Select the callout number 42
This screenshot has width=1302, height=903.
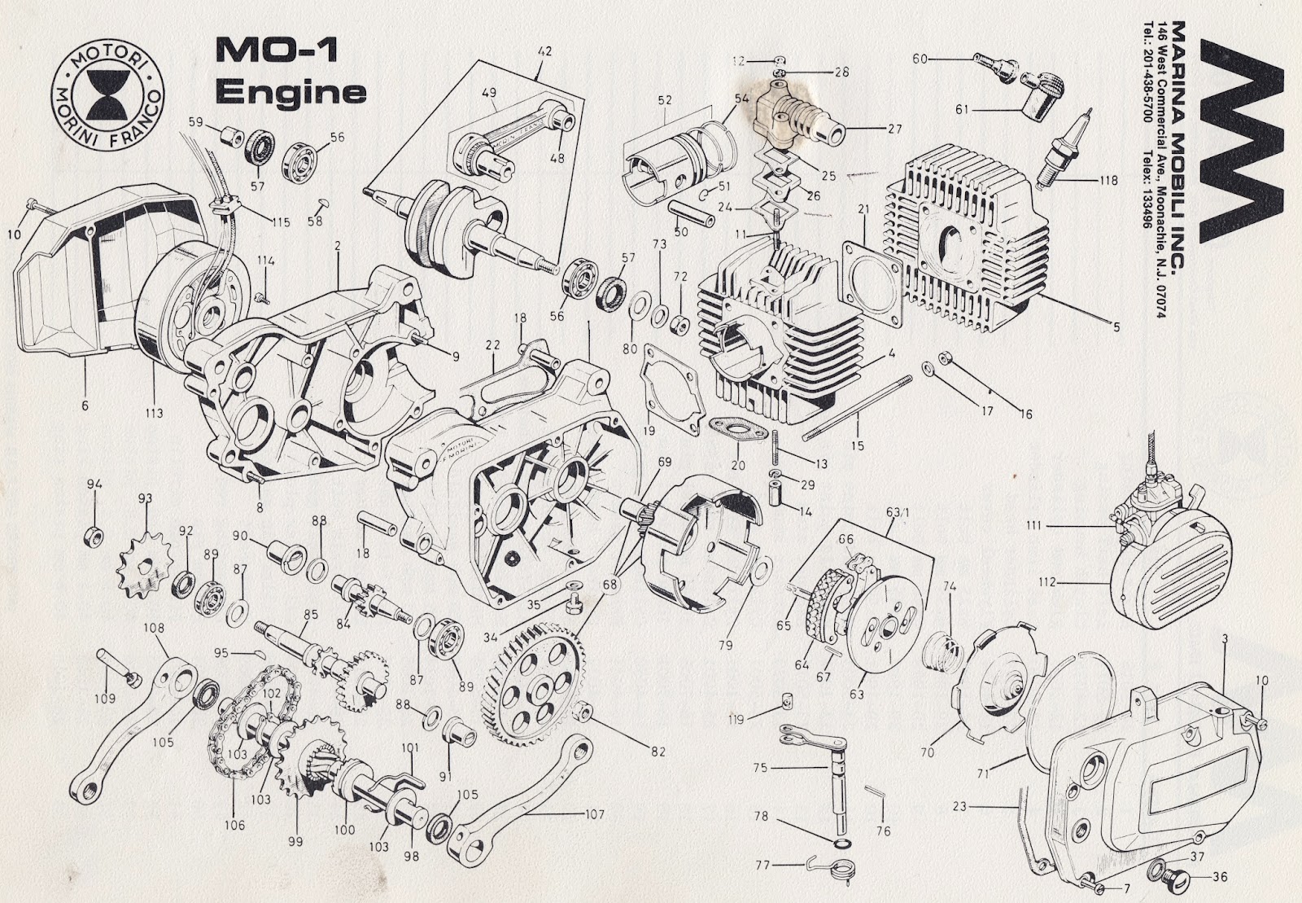(544, 50)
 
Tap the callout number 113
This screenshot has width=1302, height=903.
(154, 413)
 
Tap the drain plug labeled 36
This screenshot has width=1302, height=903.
(1172, 878)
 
